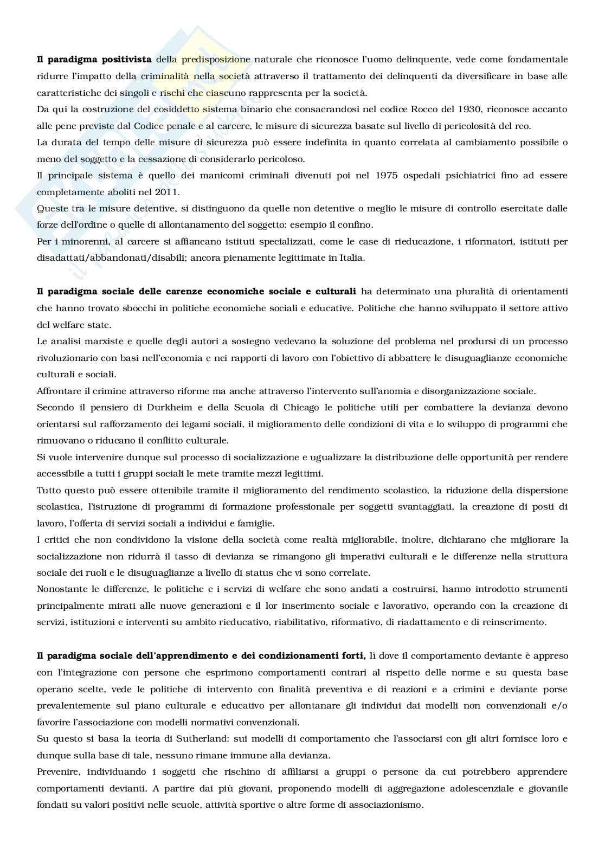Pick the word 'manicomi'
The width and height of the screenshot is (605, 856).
point(211,176)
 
